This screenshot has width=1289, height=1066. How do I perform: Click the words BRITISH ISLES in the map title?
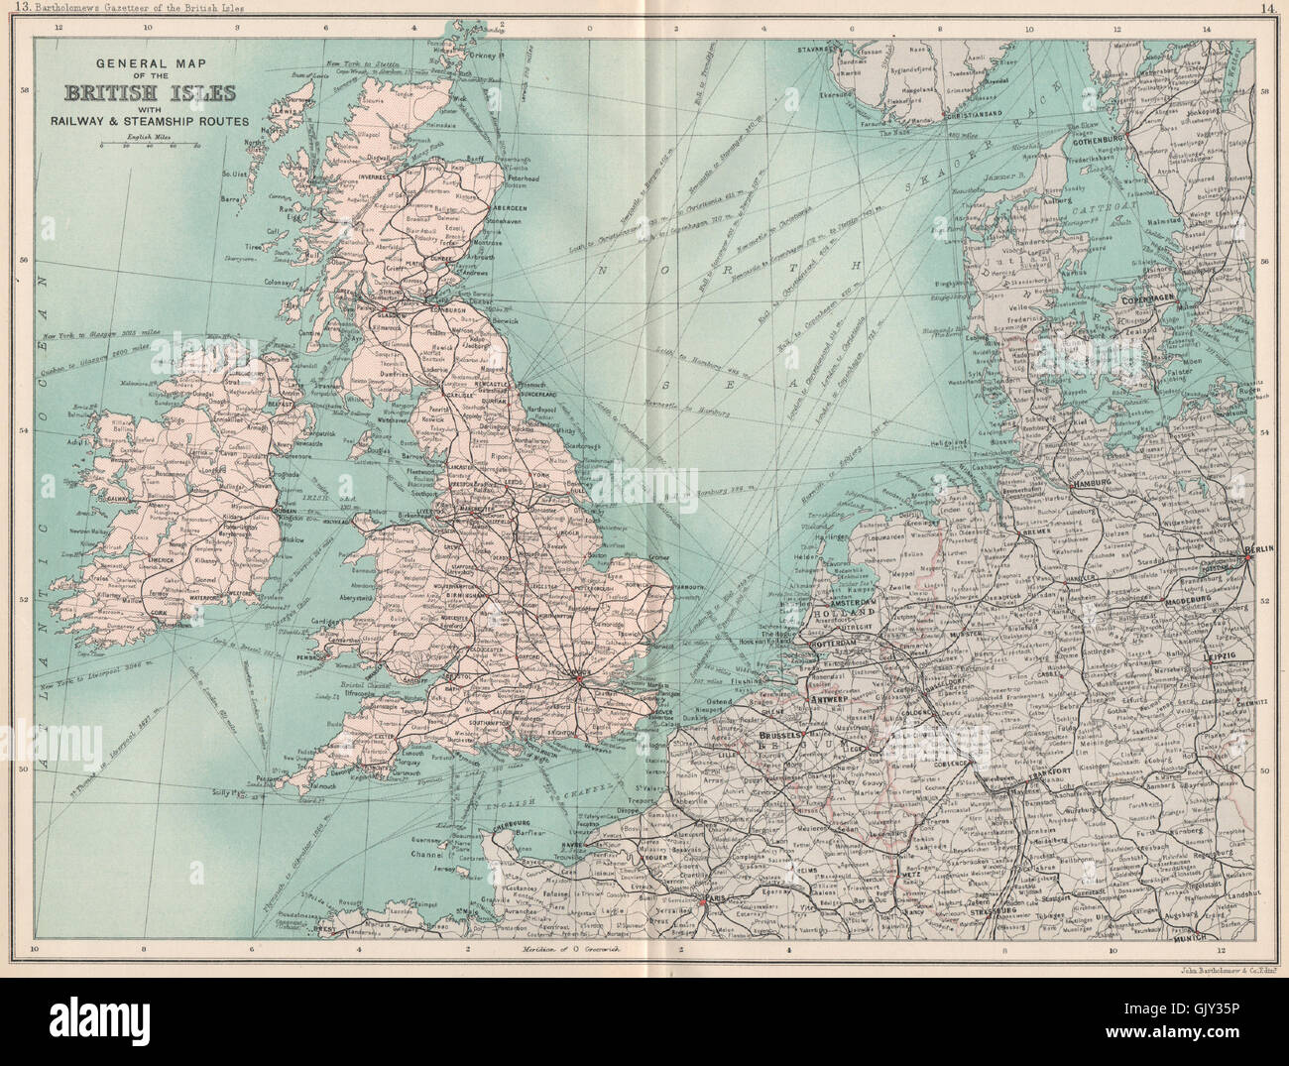click(150, 93)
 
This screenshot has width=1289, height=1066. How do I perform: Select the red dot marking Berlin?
click(1247, 558)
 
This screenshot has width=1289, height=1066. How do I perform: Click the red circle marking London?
click(579, 678)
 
